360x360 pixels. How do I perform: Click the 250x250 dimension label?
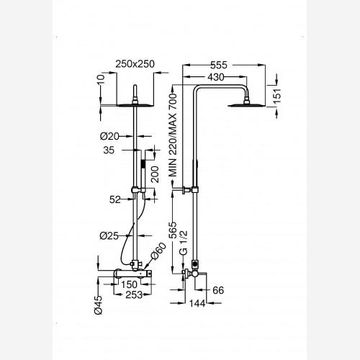coord(135,64)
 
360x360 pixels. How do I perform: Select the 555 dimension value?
coord(219,65)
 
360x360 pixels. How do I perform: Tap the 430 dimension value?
coord(216,77)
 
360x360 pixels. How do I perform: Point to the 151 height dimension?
coord(277,96)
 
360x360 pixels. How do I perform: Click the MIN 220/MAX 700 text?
coord(173,135)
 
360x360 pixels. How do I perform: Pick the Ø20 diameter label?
coord(109,136)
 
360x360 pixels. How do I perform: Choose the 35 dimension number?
coord(109,150)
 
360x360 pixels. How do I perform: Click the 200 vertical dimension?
coord(155,174)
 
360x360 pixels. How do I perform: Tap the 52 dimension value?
coord(115,199)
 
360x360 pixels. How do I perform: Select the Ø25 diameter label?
coord(109,236)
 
